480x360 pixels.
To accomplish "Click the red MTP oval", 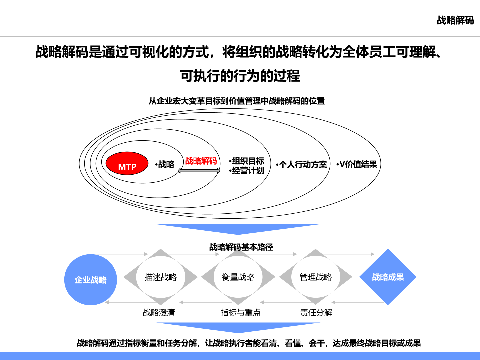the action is pos(127,163).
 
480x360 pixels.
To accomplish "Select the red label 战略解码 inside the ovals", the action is pos(201,161).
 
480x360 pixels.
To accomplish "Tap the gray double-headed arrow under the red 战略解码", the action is pos(199,170).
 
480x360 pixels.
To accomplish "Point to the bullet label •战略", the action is pos(164,164).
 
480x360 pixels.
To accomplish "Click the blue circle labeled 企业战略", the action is pos(91,280).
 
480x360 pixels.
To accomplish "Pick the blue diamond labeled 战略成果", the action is pos(388,277).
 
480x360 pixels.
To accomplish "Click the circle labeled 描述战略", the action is pos(161,277).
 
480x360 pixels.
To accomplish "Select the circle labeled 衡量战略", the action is pos(238,277).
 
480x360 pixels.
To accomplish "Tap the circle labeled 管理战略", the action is pos(316,277).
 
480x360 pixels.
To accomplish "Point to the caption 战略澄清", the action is pos(159,313).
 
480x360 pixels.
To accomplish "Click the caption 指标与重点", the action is pos(240,313).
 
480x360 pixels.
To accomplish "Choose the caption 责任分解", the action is pos(316,313).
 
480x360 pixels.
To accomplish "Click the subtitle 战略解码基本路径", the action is pos(241,247).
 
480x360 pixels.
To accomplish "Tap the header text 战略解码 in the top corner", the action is pos(455,20).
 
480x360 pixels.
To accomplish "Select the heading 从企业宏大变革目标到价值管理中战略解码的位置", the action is pos(237,101).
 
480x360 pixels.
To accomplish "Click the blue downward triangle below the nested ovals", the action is pos(238,228).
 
